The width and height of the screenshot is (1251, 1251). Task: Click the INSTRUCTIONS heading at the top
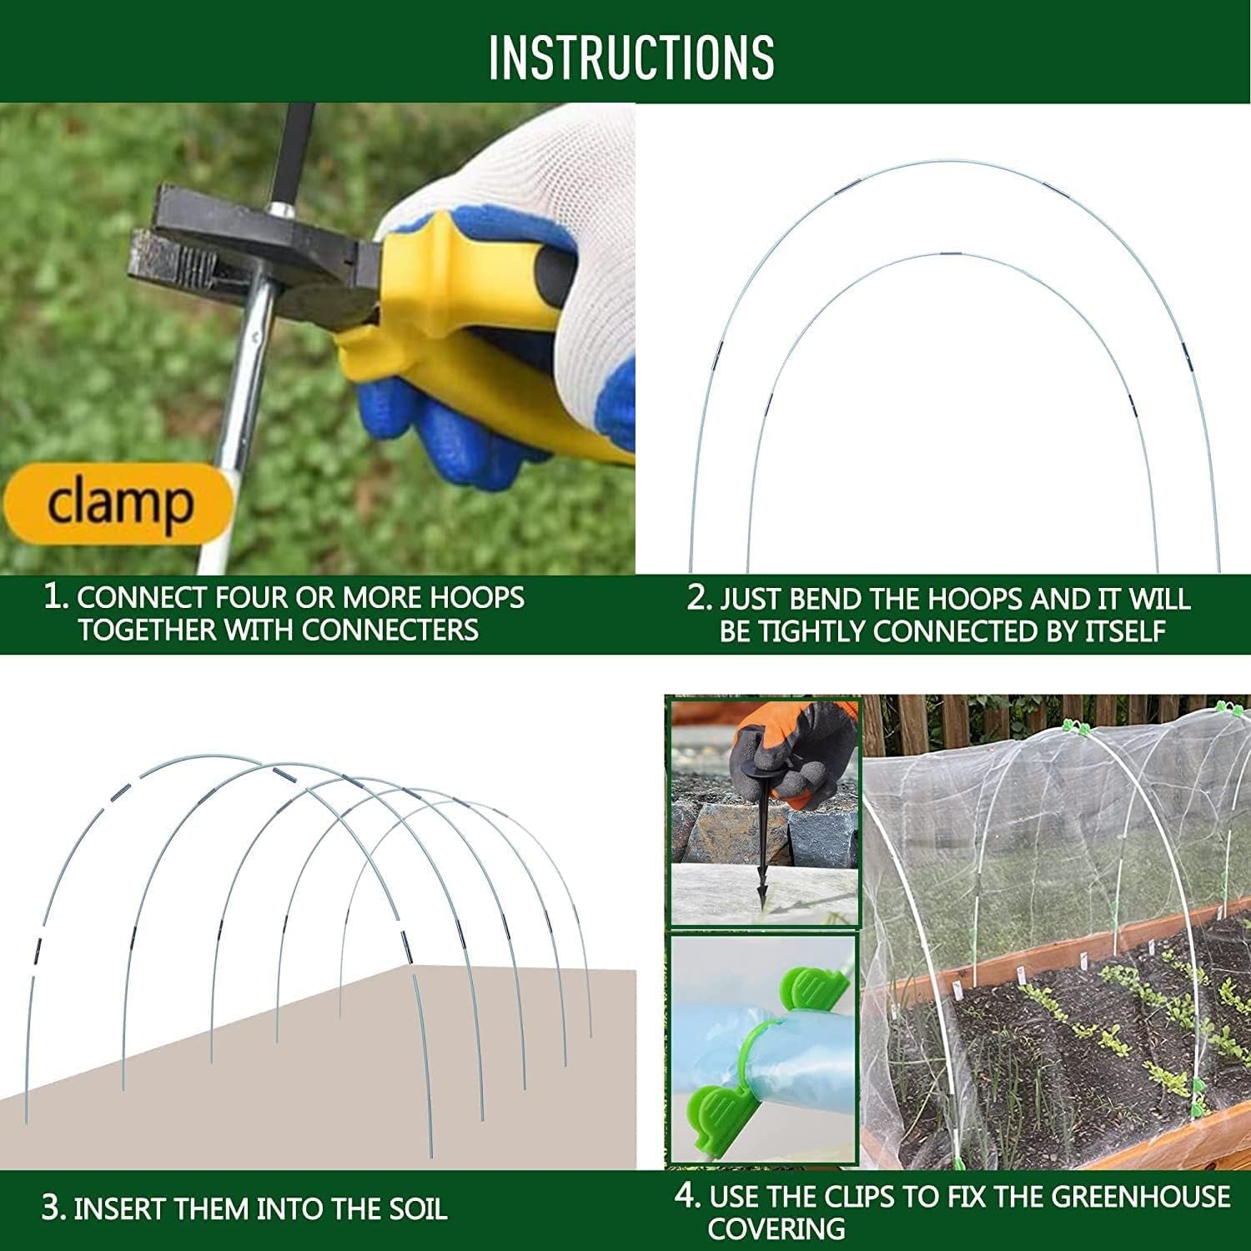(x=631, y=57)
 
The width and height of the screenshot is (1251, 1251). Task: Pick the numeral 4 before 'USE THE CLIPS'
(x=686, y=1195)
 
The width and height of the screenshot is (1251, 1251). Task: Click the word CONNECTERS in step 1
(x=389, y=630)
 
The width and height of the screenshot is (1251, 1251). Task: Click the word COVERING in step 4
(x=776, y=1228)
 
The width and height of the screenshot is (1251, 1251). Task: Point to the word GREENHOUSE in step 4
(x=1140, y=1197)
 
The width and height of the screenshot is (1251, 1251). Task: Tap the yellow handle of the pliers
(x=467, y=350)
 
